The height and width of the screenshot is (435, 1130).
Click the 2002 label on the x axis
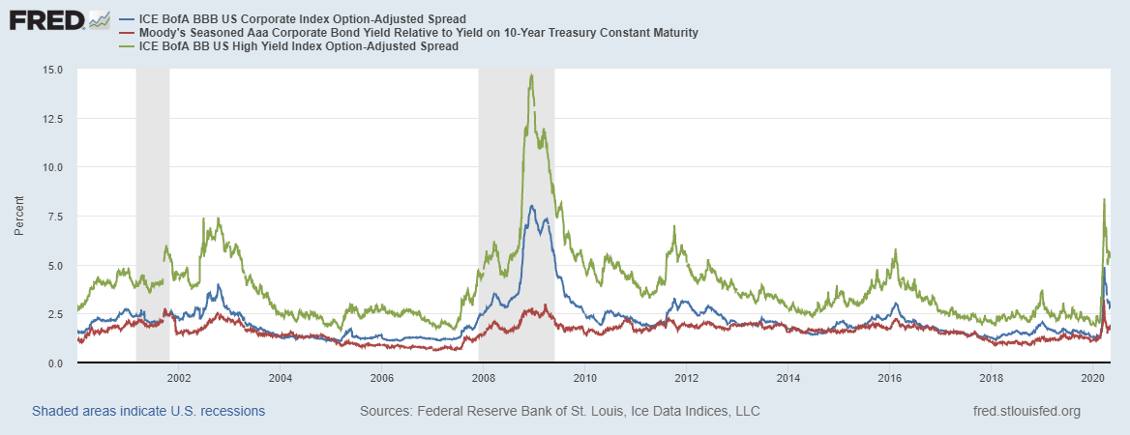pos(179,377)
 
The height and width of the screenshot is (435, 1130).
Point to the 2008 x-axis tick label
pos(484,377)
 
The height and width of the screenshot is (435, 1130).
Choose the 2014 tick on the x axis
pos(788,377)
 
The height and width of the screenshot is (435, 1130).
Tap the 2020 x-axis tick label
pos(1093,377)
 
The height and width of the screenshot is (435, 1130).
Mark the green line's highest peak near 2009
pos(531,74)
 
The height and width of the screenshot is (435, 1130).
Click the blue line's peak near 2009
pos(531,205)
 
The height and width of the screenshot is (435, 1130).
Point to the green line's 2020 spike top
pos(1104,200)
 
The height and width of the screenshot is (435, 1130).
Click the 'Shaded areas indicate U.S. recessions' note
pos(148,411)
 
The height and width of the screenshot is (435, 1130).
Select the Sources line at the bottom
pos(559,411)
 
